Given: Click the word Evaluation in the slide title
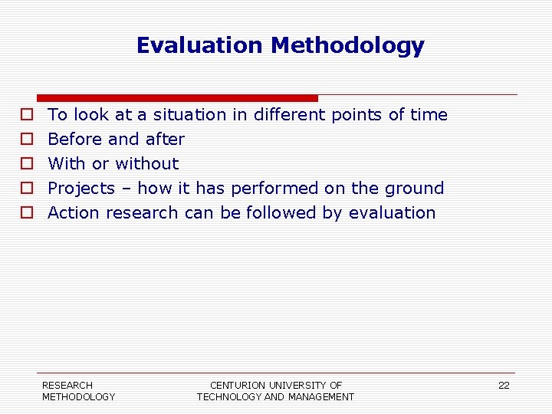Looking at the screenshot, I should pos(199,46).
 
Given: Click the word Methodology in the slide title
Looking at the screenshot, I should pos(347,46).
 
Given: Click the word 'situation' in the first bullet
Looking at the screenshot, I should pos(189,115).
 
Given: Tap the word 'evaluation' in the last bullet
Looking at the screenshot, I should pos(392,213).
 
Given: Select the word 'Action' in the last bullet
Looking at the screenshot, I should pos(74,213).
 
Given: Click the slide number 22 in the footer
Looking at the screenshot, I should pos(504,386).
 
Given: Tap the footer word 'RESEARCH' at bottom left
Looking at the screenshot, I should pos(67,385).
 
